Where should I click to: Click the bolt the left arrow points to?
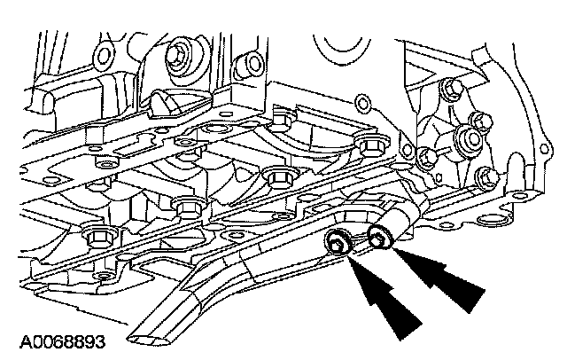point(338,242)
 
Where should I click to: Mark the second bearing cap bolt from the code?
point(187,207)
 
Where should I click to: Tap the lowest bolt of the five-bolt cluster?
point(484,177)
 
